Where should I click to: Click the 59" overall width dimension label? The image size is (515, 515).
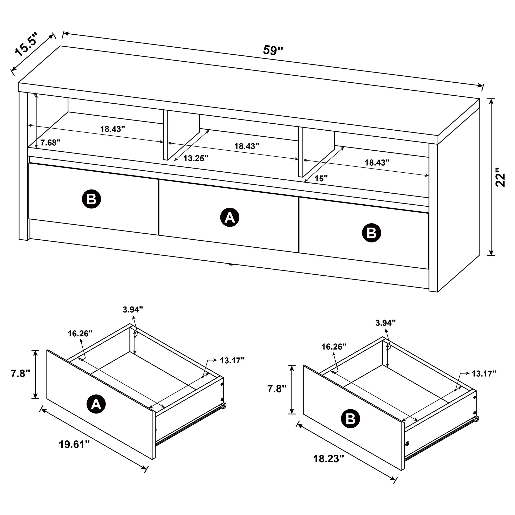[273, 50]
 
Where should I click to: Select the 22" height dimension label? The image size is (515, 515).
[500, 177]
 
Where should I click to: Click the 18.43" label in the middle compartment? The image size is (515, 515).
[247, 146]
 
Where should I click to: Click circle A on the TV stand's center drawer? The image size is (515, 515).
[229, 218]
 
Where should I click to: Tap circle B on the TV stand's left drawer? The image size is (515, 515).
[91, 199]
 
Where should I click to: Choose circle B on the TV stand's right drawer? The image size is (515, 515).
[371, 233]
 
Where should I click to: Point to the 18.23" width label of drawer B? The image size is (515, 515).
[328, 459]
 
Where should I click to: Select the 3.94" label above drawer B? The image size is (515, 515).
[385, 323]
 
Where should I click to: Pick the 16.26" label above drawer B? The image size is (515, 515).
[334, 346]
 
